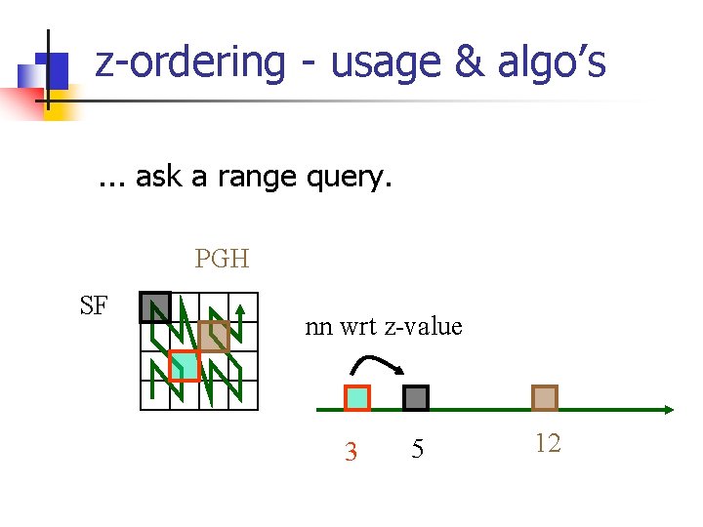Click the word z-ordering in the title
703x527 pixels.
point(189,63)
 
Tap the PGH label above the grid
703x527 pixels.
point(222,259)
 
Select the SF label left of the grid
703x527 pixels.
point(94,306)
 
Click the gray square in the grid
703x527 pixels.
point(154,307)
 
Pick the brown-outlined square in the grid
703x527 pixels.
point(214,337)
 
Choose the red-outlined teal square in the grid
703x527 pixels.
point(184,365)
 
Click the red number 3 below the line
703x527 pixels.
point(351,452)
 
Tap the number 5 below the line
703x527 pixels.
point(418,449)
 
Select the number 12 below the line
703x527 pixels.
point(548,444)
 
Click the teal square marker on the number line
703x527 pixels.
point(357,398)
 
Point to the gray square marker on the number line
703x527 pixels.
point(416,398)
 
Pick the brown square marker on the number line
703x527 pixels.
point(545,398)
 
